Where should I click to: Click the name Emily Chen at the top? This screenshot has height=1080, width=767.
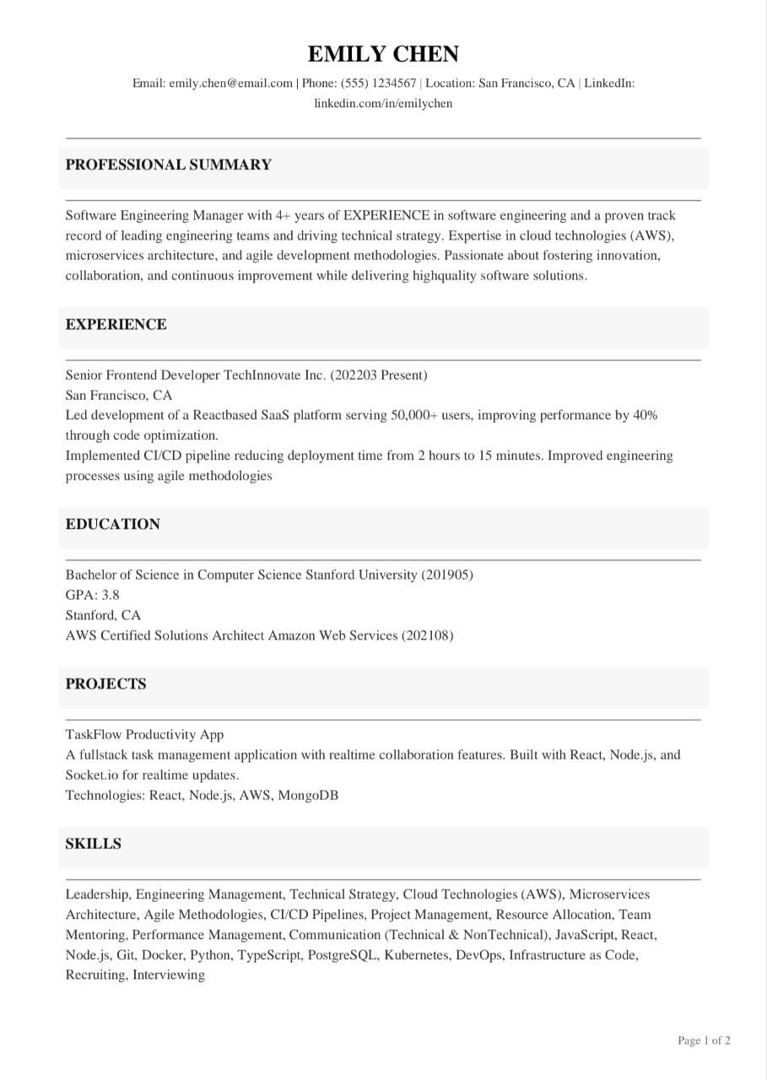383,55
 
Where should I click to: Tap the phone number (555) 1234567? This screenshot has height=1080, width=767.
379,84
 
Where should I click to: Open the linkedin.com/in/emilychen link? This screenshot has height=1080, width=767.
383,104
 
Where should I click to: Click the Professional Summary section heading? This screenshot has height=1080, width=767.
169,165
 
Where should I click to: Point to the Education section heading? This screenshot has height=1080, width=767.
113,524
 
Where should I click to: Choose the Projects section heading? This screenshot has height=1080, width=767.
106,684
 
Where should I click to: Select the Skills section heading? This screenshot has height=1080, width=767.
94,844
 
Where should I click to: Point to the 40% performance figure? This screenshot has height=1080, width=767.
645,415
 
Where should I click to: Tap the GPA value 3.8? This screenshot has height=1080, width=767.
111,595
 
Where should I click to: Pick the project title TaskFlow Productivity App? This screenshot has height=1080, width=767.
144,735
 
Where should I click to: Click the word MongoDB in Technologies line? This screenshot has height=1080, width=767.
308,795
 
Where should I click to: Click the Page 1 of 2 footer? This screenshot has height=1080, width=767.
704,1041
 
